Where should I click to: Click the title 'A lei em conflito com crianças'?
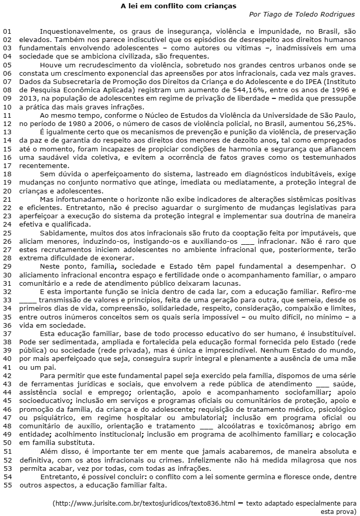click(x=178, y=6)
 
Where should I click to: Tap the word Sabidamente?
click(x=62, y=219)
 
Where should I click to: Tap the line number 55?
click(x=7, y=485)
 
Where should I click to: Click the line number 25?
click(x=7, y=219)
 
